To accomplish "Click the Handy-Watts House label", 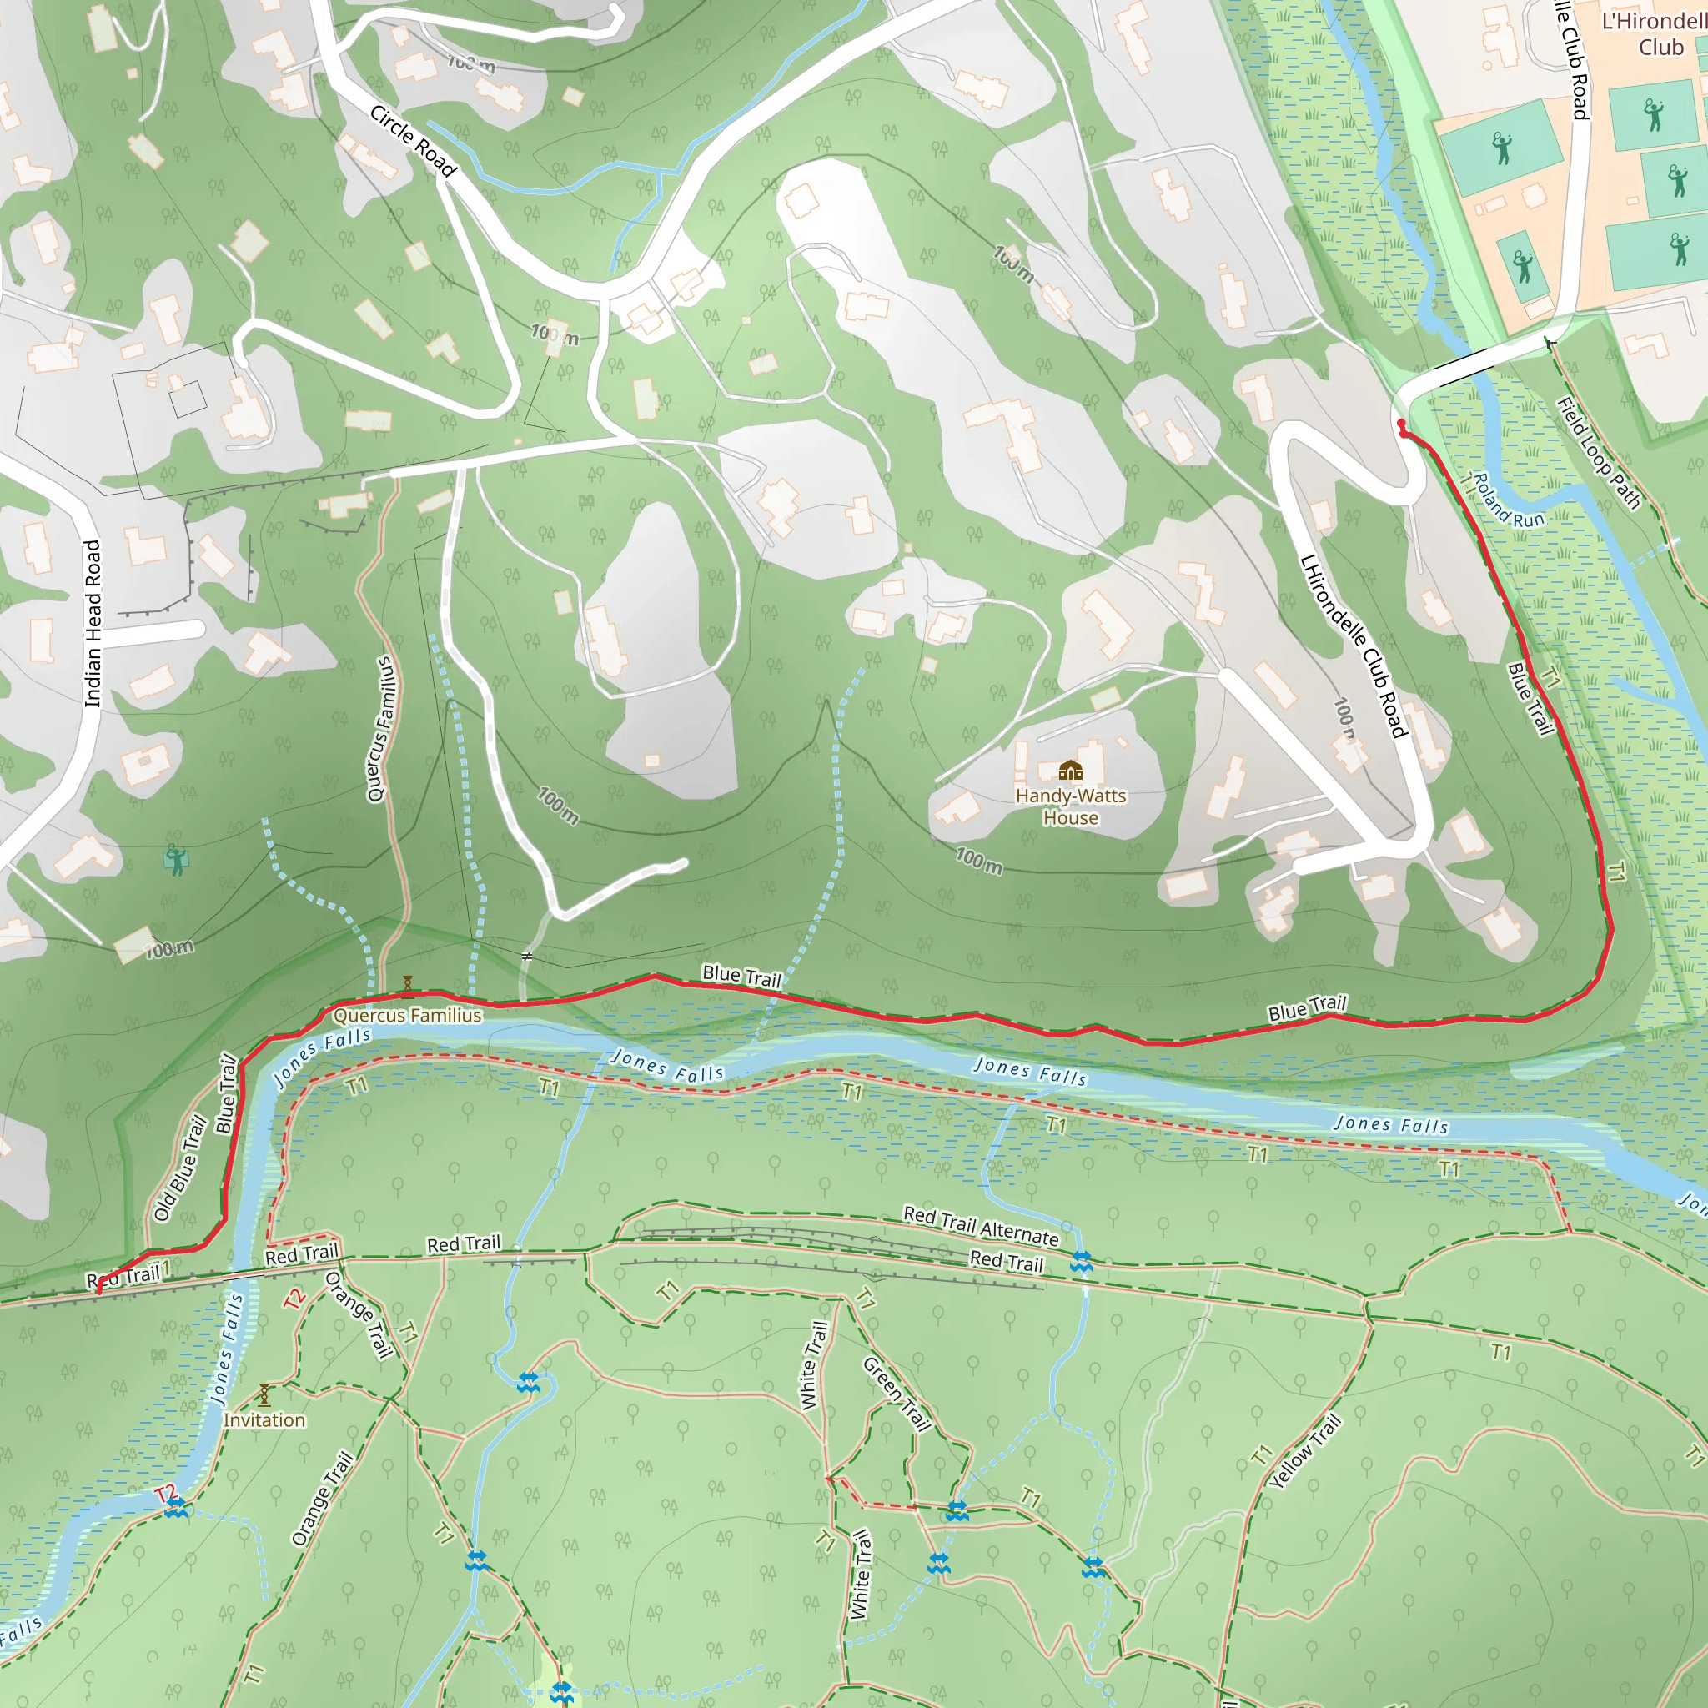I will (x=1071, y=806).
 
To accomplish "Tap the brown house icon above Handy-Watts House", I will (x=1071, y=771).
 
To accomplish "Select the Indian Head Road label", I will (x=93, y=623).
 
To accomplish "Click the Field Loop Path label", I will (x=1599, y=454).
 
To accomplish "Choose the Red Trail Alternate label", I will (x=981, y=1225).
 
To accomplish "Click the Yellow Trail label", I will (x=1305, y=1451).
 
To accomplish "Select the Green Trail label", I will (x=897, y=1394).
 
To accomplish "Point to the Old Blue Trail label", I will (x=179, y=1168).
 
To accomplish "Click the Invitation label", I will (x=264, y=1419).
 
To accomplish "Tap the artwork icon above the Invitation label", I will (x=264, y=1395).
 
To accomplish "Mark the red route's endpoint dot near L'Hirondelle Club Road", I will (x=1400, y=425).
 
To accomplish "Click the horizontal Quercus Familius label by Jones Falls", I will (x=408, y=1015).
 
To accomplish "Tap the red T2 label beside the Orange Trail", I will (x=294, y=1299).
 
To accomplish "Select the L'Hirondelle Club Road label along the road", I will (x=1353, y=646).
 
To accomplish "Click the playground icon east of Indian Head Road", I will (x=176, y=859).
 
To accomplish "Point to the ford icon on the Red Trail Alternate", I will (x=1081, y=1262).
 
